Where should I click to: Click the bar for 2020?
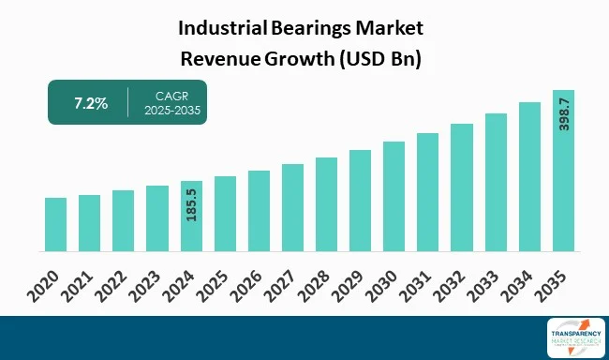(x=55, y=225)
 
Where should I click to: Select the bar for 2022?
(x=124, y=221)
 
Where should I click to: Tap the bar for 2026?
(x=259, y=211)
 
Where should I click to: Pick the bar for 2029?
(x=360, y=201)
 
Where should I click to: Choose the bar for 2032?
(x=462, y=187)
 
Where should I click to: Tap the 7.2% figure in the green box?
(x=90, y=103)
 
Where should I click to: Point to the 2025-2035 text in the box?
(x=172, y=112)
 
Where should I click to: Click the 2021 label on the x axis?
(x=79, y=282)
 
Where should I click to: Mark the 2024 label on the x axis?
(x=180, y=282)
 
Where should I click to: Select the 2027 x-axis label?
(x=281, y=282)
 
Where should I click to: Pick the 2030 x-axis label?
(x=382, y=282)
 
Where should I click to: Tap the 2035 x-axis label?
(x=552, y=282)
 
